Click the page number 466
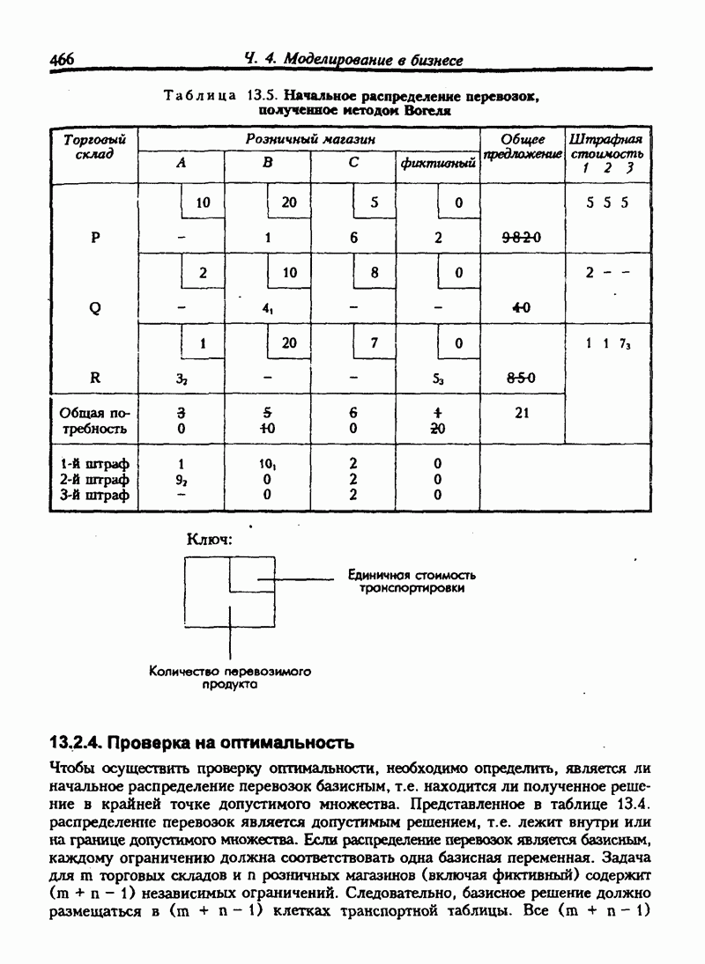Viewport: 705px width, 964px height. coord(62,60)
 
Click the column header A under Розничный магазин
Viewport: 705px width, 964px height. coord(182,163)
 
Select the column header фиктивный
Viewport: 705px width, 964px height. coord(438,164)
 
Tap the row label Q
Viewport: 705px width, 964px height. coord(94,308)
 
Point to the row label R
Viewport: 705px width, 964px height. coord(94,378)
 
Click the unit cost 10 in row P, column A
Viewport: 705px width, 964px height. coord(204,202)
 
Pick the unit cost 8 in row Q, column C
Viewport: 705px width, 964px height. coord(375,273)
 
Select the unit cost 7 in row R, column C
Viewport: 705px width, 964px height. coord(375,343)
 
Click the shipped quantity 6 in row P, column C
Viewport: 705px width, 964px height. coord(353,237)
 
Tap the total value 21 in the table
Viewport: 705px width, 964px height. coord(521,411)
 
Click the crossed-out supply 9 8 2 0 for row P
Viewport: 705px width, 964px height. coord(521,238)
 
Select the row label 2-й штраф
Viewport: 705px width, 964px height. coord(94,480)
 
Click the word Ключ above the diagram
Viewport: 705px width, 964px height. coord(209,539)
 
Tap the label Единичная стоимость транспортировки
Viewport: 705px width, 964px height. coord(404,580)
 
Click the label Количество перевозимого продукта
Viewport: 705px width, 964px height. coord(230,677)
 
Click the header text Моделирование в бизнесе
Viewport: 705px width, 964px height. coord(352,60)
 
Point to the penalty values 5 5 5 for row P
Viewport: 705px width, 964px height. coord(606,202)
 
